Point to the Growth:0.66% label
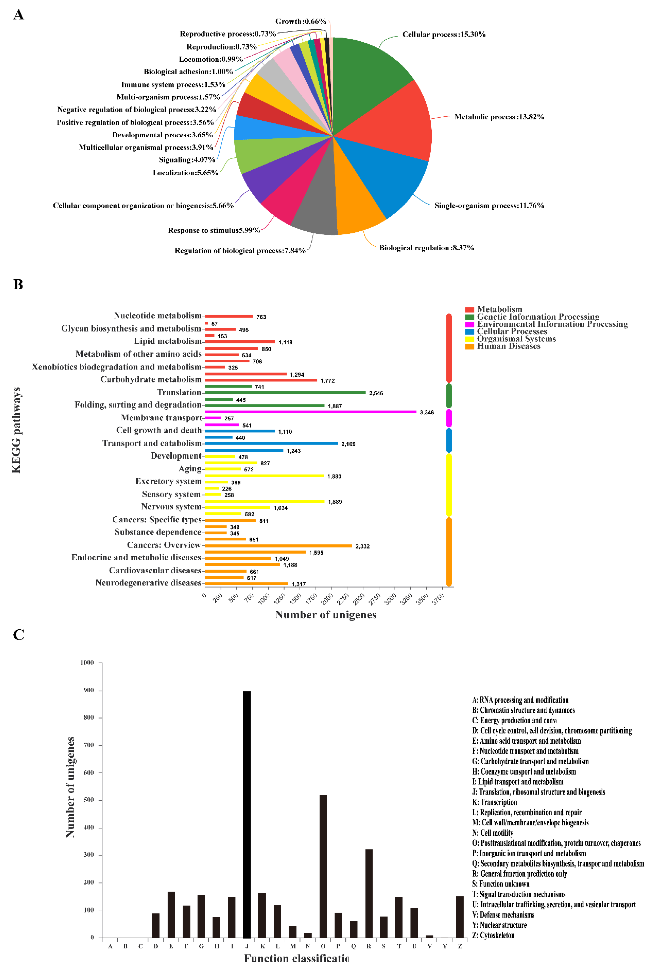tap(300, 21)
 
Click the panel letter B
tap(18, 284)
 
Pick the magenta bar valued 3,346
tap(310, 412)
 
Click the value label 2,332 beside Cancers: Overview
tap(362, 546)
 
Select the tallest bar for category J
tap(247, 815)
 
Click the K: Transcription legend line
tap(495, 802)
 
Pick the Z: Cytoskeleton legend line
tap(493, 935)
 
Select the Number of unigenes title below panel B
tap(326, 615)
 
